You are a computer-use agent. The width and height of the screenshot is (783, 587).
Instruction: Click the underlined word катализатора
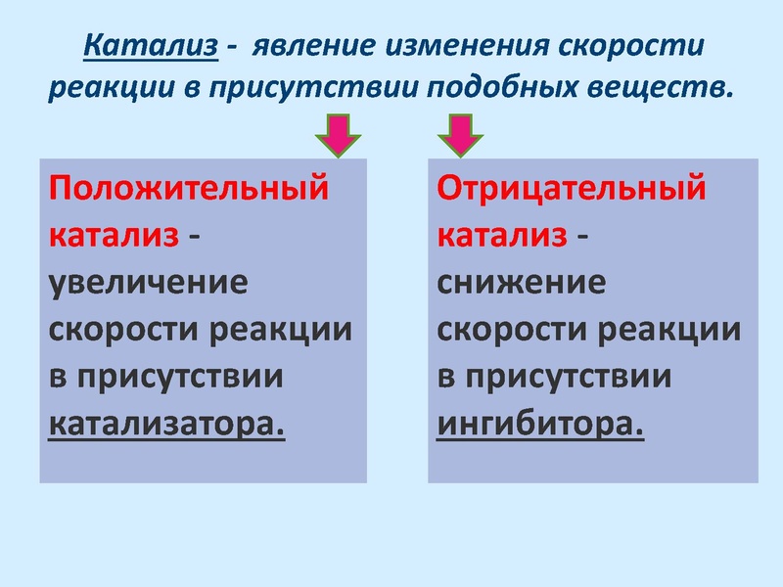point(166,426)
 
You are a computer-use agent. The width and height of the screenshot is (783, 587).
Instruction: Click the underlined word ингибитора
point(540,426)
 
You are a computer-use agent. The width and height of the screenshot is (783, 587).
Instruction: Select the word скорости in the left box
point(123,330)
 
